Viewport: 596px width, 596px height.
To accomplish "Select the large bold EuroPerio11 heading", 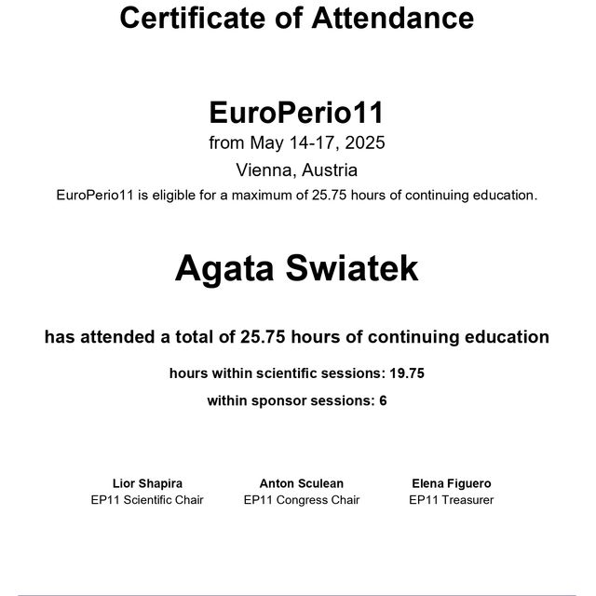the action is click(x=296, y=114).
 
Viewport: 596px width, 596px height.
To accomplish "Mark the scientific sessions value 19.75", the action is click(x=406, y=373).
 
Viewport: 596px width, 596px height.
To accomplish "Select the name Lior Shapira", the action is click(x=147, y=483).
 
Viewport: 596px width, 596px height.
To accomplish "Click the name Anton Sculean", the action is click(x=301, y=483).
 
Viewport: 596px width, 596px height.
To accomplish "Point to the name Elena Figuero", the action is click(x=451, y=483).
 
